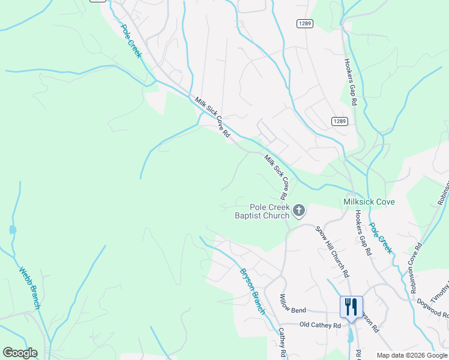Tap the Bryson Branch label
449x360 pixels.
[x=253, y=290]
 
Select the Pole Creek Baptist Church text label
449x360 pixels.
[x=262, y=212]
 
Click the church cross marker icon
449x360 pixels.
[x=299, y=211]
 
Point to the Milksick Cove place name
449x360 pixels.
[x=369, y=202]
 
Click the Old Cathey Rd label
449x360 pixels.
[x=320, y=325]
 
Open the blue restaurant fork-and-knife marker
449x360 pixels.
[x=351, y=307]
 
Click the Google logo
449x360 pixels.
[x=20, y=353]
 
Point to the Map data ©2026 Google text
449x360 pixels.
[x=412, y=355]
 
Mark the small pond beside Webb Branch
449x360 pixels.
[x=12, y=229]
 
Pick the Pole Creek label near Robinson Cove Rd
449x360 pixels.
[x=380, y=238]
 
